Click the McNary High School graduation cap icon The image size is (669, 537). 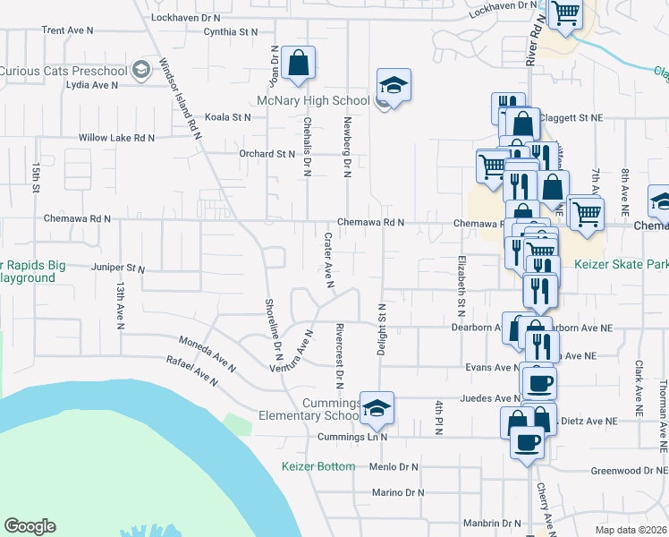pos(393,85)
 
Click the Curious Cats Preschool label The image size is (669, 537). pos(64,71)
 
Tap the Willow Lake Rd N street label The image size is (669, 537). pos(116,138)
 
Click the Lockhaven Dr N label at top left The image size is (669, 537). pos(186,17)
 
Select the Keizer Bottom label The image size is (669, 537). pos(318,466)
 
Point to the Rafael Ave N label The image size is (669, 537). pos(191,371)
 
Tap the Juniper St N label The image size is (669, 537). pos(118,268)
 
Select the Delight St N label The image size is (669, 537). pos(381,328)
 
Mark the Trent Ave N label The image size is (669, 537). pos(67,30)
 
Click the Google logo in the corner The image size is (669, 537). pos(30,526)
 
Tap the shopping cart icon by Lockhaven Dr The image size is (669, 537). pos(565,15)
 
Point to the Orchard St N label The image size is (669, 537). pos(267,153)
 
